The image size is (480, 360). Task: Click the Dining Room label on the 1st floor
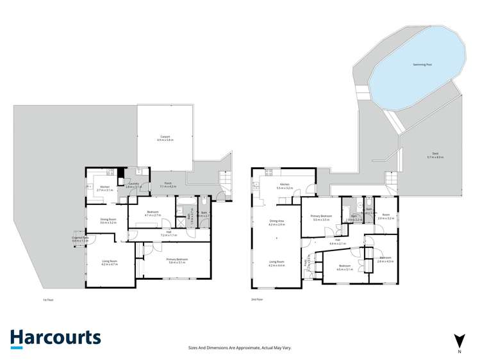coord(108,220)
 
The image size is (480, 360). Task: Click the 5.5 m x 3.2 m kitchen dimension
coord(284,188)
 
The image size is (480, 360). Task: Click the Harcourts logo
coord(55,338)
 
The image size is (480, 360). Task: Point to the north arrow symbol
coord(458,340)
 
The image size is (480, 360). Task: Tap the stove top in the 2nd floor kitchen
coord(269,170)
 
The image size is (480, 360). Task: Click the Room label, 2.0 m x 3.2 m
coord(386,217)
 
